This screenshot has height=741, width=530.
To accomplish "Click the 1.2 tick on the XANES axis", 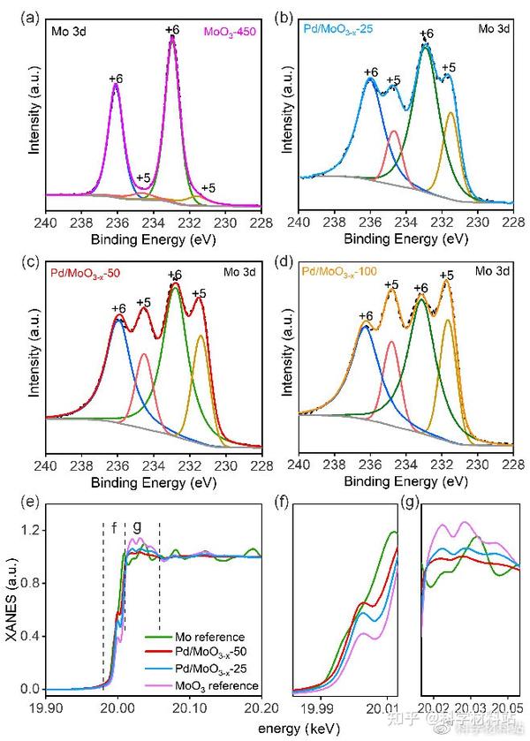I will click(x=32, y=531).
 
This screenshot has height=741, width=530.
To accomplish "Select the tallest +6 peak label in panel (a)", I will click(x=171, y=30).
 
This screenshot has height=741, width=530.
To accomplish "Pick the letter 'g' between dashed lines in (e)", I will click(x=137, y=526).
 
